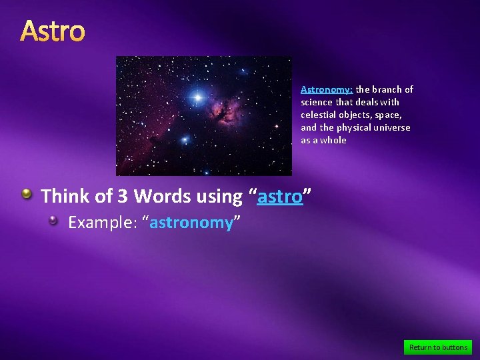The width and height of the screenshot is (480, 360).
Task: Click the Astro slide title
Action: point(53,31)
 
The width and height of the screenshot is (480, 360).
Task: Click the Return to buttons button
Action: point(438,347)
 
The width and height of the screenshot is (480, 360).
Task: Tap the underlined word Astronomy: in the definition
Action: point(327,89)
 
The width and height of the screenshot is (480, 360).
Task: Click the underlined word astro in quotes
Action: point(280,197)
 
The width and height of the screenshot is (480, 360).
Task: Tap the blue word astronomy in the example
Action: point(191,223)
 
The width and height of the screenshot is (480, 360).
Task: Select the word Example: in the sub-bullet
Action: point(103,223)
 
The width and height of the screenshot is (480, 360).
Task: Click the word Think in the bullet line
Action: point(63,197)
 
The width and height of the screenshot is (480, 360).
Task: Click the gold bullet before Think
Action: point(27,194)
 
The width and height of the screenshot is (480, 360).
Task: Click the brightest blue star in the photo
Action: point(197,97)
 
